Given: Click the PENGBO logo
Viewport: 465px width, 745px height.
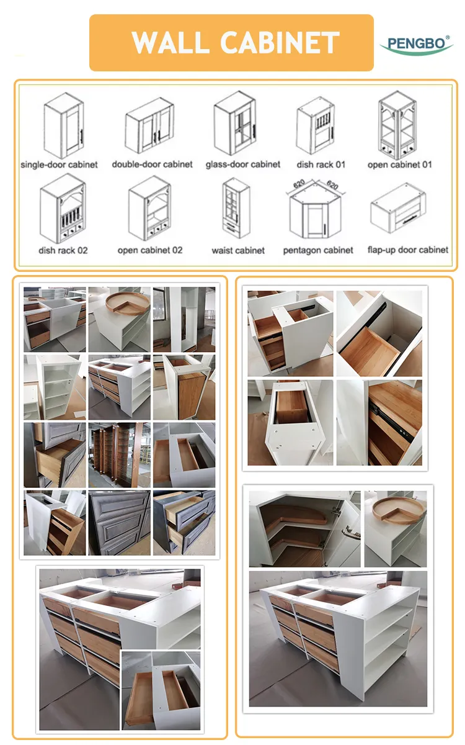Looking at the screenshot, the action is tap(417, 45).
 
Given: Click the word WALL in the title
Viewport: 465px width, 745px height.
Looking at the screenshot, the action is tap(170, 43).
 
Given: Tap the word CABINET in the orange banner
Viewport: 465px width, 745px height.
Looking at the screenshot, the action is tap(280, 43).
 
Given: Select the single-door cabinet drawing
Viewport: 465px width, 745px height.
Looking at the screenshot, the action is tap(64, 125).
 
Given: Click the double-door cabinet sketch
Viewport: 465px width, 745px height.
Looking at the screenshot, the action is tap(149, 125).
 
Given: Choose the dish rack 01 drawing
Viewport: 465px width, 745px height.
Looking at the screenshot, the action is tap(315, 125).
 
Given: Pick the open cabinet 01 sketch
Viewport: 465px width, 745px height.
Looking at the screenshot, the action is tap(397, 125).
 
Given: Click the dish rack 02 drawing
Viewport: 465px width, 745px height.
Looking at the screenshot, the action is tap(63, 209).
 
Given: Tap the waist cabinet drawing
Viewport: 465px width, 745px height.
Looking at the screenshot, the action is tap(236, 208).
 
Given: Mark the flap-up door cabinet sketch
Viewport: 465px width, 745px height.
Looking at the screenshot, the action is tap(398, 208).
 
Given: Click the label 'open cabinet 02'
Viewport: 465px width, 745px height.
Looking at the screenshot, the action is tap(150, 250).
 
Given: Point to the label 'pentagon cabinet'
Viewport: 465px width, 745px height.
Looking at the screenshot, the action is tap(318, 250).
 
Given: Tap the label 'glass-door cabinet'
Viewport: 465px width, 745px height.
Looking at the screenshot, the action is tap(243, 165).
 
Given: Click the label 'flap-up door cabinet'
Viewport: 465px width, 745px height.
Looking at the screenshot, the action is tap(408, 250).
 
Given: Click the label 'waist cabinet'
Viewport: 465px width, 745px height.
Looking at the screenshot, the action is tap(238, 250).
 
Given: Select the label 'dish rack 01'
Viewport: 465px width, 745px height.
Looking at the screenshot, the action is tap(321, 165).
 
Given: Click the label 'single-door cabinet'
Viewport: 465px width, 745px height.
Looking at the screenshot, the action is tap(59, 165).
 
